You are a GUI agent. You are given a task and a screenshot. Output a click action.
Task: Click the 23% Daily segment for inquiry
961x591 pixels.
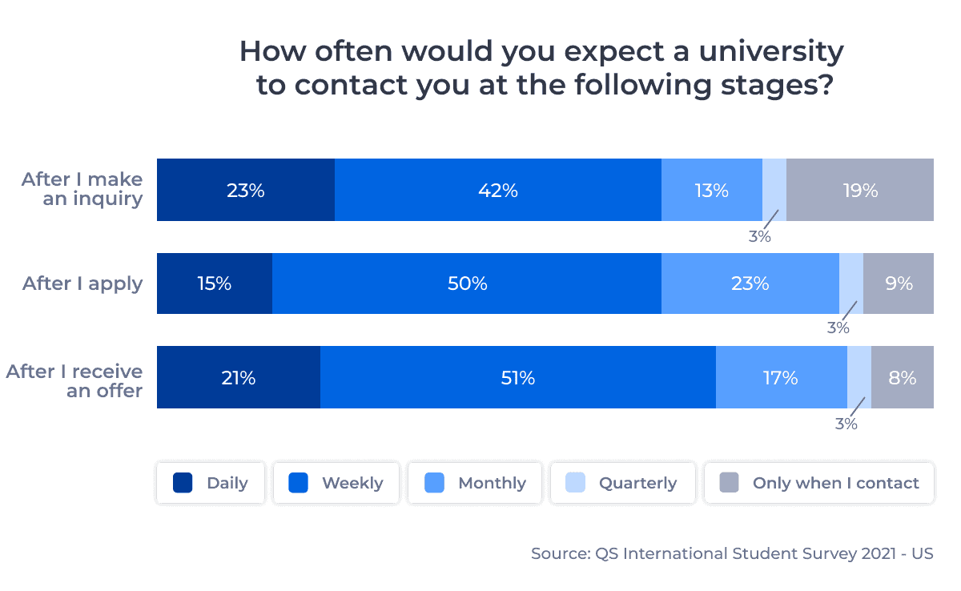(245, 191)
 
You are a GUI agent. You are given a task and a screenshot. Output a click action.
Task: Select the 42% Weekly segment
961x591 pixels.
(498, 191)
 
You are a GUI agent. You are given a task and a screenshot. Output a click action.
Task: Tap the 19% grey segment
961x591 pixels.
(860, 191)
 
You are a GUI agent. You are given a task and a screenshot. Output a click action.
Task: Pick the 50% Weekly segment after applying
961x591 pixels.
(467, 283)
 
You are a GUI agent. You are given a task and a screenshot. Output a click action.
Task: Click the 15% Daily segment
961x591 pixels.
(215, 283)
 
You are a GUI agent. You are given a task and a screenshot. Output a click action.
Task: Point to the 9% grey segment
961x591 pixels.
(899, 283)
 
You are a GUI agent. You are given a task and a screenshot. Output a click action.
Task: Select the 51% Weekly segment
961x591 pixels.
(517, 378)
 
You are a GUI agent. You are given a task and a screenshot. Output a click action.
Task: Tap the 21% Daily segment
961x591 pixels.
(239, 378)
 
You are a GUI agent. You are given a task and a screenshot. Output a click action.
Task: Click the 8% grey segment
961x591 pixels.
(903, 378)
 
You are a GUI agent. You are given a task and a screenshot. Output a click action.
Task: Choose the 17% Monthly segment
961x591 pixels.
(781, 378)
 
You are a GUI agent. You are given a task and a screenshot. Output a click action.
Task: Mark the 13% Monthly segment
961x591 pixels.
(711, 191)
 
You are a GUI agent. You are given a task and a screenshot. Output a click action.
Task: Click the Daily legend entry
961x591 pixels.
(211, 483)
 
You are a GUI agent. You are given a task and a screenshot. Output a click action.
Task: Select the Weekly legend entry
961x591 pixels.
(336, 483)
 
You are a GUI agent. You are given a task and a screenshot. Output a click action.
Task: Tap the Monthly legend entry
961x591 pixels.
(475, 483)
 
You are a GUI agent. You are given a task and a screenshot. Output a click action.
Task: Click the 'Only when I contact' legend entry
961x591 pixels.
(818, 483)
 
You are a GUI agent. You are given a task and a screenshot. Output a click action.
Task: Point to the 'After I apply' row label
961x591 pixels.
(82, 283)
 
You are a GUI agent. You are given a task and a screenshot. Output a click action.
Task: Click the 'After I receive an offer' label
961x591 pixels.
(74, 381)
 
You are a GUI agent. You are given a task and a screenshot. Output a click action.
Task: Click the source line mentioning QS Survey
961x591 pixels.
(732, 553)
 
